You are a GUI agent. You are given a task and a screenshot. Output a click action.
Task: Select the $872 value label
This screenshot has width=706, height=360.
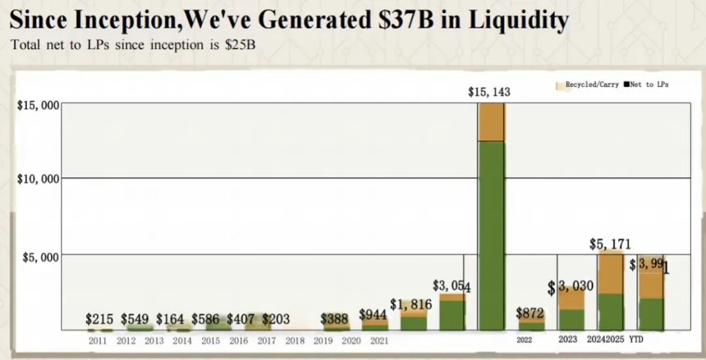coord(531,313)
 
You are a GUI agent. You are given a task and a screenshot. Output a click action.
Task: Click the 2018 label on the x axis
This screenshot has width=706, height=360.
coord(295,340)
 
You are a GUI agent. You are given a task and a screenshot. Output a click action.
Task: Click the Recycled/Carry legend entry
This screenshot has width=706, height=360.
coord(587,85)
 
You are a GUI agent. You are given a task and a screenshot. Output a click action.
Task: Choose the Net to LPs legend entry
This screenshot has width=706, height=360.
coord(649,85)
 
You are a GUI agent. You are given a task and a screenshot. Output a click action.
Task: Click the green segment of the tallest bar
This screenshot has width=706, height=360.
coord(491,234)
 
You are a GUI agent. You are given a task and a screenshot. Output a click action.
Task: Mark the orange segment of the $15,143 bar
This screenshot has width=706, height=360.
coord(491,123)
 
